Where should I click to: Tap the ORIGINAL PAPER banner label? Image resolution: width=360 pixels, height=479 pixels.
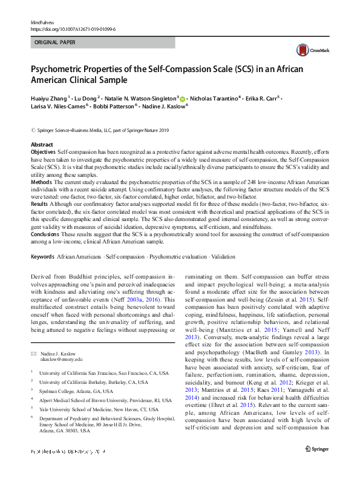point(55,43)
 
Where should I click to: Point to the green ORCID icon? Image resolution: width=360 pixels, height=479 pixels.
point(183,97)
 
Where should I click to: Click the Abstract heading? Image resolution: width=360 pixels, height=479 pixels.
point(42,145)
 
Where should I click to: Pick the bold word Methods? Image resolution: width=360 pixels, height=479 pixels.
point(41,181)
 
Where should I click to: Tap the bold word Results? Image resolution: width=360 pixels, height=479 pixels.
point(41,205)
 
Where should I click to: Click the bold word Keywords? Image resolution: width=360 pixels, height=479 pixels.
point(42,257)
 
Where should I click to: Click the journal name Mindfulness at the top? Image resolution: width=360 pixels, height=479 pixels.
point(42,22)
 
